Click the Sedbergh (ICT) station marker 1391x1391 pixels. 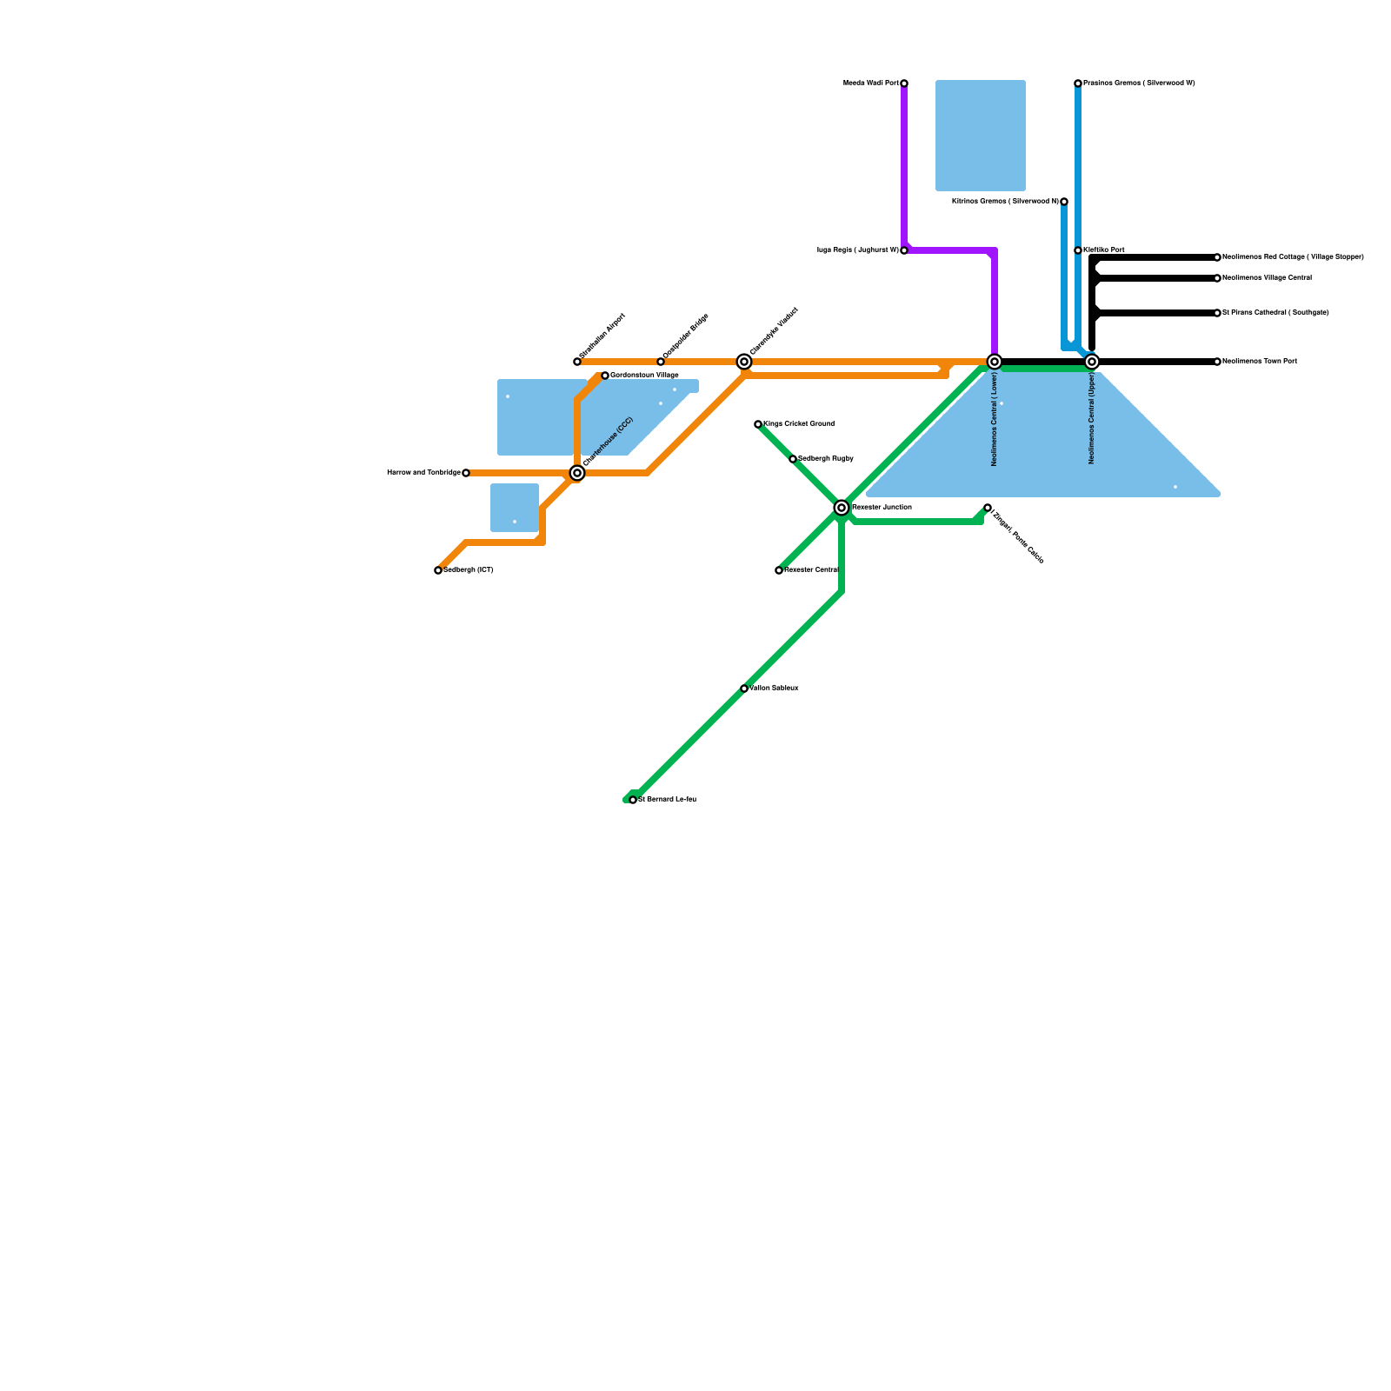coord(438,570)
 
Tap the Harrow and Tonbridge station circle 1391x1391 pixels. coord(466,473)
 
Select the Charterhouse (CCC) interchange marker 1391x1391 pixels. coord(577,473)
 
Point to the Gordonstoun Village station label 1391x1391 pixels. coord(644,376)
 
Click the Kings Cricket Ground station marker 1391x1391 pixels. coord(758,424)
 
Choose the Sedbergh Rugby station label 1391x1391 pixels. coord(825,459)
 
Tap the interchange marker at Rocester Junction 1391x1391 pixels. coord(842,508)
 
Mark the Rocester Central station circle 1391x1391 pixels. coord(779,570)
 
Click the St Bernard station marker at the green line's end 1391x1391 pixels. coord(633,800)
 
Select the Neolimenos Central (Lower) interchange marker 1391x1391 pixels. coord(995,362)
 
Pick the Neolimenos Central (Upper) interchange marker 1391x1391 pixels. coord(1092,362)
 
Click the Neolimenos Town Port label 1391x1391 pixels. coord(1260,362)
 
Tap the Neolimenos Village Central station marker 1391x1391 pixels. coord(1217,278)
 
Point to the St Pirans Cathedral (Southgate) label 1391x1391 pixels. coord(1275,313)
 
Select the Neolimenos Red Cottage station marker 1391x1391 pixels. coord(1217,257)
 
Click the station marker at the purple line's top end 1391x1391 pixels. coord(904,83)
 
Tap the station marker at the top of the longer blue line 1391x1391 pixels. coord(1078,83)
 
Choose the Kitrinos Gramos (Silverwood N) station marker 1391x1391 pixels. coord(1064,202)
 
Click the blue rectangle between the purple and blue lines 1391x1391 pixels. coord(981,136)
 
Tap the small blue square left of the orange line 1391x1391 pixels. coord(515,508)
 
